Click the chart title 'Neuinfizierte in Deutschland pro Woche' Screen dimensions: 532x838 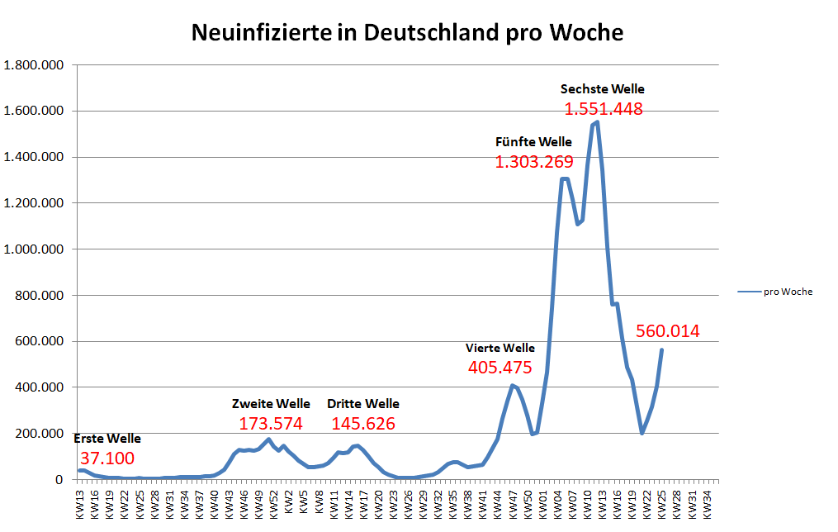pyautogui.click(x=407, y=33)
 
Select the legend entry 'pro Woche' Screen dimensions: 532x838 pyautogui.click(x=789, y=292)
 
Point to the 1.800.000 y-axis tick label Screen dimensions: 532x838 pyautogui.click(x=35, y=65)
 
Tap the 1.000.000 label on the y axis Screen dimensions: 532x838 pyautogui.click(x=35, y=249)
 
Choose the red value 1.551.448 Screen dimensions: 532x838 pyautogui.click(x=604, y=109)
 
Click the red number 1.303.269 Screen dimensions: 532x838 pyautogui.click(x=534, y=162)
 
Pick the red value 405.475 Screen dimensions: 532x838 pyautogui.click(x=500, y=368)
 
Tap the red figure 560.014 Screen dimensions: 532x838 pyautogui.click(x=668, y=332)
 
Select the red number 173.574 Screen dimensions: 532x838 pyautogui.click(x=271, y=424)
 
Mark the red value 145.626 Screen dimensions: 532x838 pyautogui.click(x=363, y=424)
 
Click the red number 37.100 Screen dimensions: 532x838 pyautogui.click(x=107, y=458)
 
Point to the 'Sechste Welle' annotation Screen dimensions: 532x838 pyautogui.click(x=603, y=89)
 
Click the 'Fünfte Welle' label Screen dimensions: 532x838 pyautogui.click(x=533, y=142)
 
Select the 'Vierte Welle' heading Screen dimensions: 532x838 pyautogui.click(x=500, y=348)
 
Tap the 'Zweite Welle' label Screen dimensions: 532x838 pyautogui.click(x=271, y=404)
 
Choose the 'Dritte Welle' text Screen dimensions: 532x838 pyautogui.click(x=363, y=404)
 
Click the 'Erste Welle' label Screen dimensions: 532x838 pyautogui.click(x=107, y=439)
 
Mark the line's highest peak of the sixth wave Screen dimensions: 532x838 pyautogui.click(x=597, y=122)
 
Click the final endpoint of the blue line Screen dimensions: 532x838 pyautogui.click(x=661, y=350)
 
